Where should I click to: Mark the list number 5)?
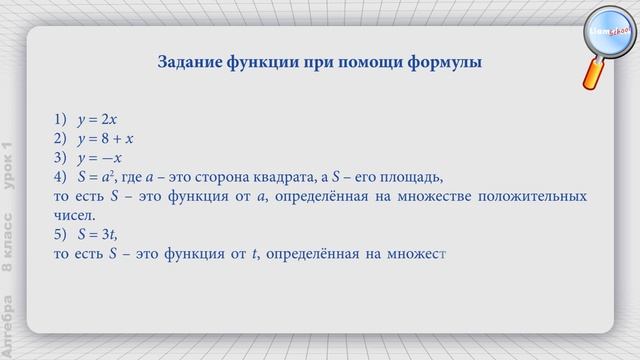tap(62, 235)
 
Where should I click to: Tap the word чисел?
tap(74, 215)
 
